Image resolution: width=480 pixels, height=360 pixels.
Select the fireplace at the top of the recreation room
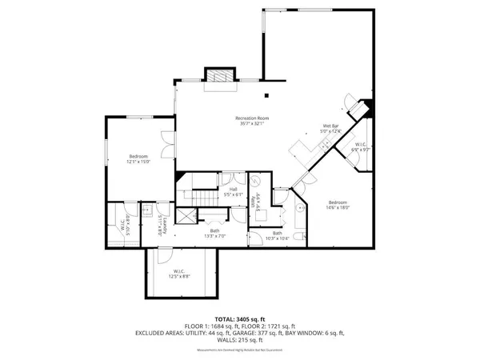pyautogui.click(x=218, y=77)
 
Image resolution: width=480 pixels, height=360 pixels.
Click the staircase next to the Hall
pyautogui.click(x=198, y=196)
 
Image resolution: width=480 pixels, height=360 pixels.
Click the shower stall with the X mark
pyautogui.click(x=183, y=216)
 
